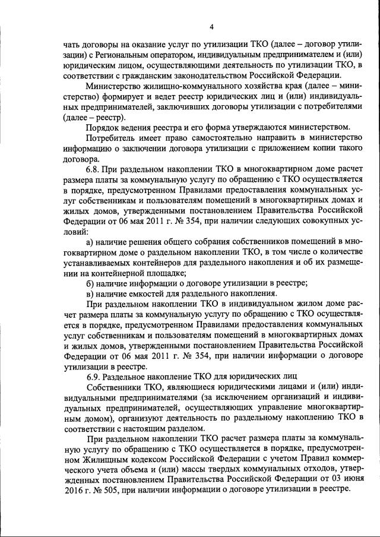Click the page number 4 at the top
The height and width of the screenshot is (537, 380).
click(211, 26)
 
